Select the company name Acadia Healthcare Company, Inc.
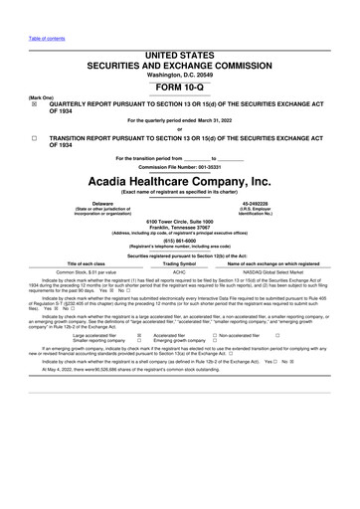[179, 183]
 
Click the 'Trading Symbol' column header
[180, 261]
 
